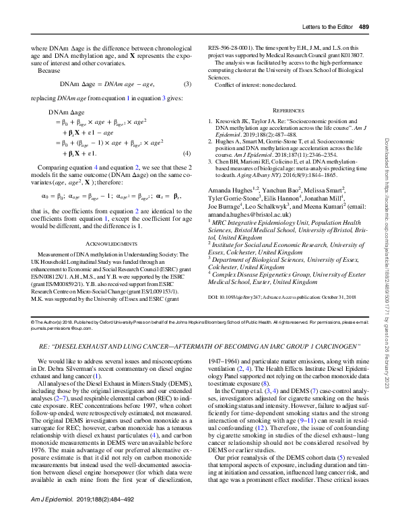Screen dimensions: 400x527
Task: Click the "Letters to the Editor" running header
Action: (319, 9)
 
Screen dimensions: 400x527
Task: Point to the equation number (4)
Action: (188, 153)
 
